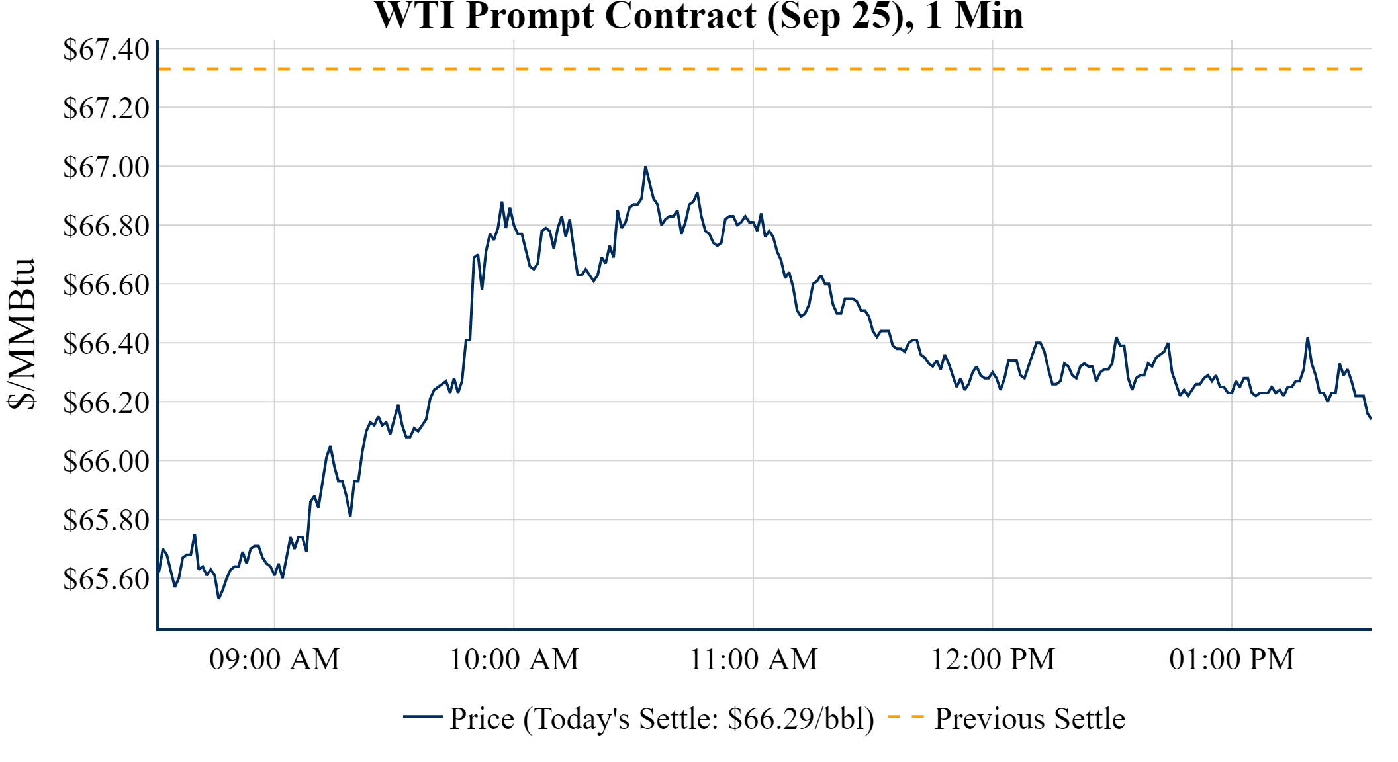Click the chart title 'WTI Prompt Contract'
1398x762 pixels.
point(698,16)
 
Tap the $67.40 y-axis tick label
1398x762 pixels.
point(106,50)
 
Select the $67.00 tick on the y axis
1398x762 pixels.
point(106,167)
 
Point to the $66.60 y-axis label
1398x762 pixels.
point(106,284)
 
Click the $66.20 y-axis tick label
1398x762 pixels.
point(106,402)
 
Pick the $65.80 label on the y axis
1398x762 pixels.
point(106,520)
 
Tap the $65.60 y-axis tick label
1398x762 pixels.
point(106,579)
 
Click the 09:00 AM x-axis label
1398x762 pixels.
point(274,659)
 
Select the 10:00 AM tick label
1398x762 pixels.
point(514,659)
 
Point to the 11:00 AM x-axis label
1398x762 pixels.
point(753,659)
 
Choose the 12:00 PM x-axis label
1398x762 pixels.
point(992,659)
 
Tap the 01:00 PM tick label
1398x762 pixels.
point(1231,659)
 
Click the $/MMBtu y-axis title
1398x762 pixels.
point(21,334)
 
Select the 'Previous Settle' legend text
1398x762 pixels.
point(1029,719)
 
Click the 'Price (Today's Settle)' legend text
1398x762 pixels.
point(662,719)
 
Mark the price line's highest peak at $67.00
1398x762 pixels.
point(645,167)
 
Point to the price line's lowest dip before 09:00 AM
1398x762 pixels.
point(219,598)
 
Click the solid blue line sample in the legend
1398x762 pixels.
point(422,716)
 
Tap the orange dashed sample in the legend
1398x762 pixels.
point(906,716)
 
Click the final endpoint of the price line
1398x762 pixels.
point(1370,418)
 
